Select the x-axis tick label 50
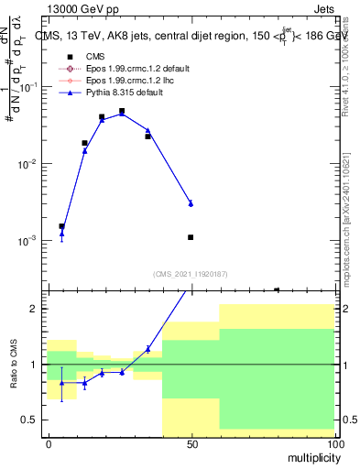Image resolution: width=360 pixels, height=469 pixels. click(191, 443)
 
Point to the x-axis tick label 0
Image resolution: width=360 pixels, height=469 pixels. click(49, 443)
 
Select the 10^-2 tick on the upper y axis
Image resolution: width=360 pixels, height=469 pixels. click(28, 164)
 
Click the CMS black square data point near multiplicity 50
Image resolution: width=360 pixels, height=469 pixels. click(191, 237)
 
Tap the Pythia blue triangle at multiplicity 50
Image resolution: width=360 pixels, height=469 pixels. click(191, 203)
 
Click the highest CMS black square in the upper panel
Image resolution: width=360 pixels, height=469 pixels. click(122, 111)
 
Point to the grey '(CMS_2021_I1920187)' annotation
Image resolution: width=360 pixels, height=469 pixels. click(190, 274)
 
